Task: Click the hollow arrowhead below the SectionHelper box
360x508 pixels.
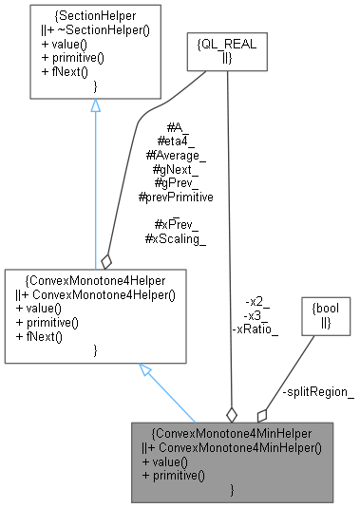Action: pos(95,106)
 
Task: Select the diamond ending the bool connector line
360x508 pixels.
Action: pos(261,415)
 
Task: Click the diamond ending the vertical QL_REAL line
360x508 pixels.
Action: pos(230,414)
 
